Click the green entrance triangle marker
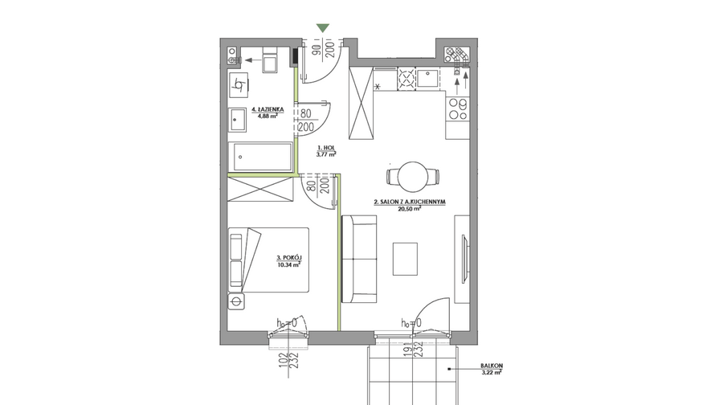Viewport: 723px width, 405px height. coord(323,28)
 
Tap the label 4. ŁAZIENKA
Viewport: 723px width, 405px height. coord(268,110)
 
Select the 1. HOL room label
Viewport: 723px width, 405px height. coord(326,148)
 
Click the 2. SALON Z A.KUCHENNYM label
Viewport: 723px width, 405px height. coord(410,202)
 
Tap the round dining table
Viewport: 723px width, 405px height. coord(413,177)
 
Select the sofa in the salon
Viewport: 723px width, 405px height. coord(359,259)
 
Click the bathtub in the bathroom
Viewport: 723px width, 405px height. coord(260,157)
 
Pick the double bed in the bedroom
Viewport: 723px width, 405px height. coord(268,260)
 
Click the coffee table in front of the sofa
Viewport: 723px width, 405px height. coord(406,259)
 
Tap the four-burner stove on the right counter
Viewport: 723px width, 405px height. coord(458,108)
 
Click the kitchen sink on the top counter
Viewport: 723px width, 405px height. coord(428,78)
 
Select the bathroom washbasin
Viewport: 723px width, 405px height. coord(238,120)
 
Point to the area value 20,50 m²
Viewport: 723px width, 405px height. coord(410,208)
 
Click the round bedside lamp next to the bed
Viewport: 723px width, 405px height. coord(236,301)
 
